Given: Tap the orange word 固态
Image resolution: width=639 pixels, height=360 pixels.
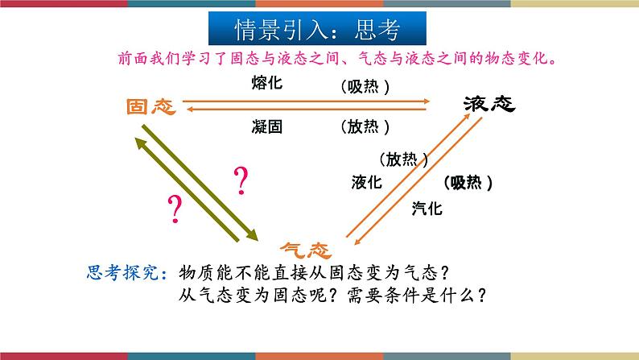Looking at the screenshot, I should [x=151, y=107].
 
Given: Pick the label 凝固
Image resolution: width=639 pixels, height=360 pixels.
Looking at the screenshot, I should [x=266, y=126].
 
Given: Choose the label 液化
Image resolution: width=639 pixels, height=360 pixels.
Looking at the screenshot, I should [x=366, y=182].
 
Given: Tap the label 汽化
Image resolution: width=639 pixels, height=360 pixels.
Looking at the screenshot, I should [x=427, y=209].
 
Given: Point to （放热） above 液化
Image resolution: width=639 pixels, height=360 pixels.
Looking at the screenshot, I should [x=402, y=159].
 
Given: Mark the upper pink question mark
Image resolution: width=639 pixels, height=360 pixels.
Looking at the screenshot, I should [x=240, y=182].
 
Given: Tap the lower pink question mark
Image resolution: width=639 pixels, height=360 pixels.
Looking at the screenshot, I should [x=173, y=209].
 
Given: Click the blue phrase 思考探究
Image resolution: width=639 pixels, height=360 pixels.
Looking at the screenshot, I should [x=125, y=271].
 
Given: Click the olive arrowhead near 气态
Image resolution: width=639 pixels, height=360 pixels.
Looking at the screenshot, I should [x=251, y=234].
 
